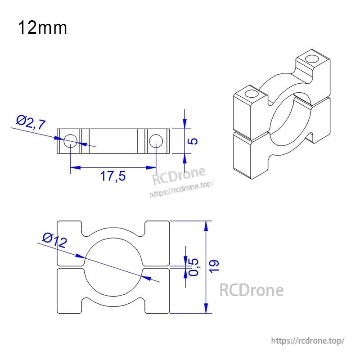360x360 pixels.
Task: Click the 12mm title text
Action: (43, 28)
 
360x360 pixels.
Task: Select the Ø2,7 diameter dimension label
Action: (31, 122)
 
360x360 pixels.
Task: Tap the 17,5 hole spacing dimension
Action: (112, 176)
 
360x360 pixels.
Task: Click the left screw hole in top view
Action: (70, 141)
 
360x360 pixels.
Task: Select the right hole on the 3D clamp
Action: (311, 58)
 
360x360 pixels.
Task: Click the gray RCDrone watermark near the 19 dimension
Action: (251, 290)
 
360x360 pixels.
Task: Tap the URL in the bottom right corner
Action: (309, 341)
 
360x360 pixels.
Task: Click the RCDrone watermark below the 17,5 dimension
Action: (179, 177)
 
